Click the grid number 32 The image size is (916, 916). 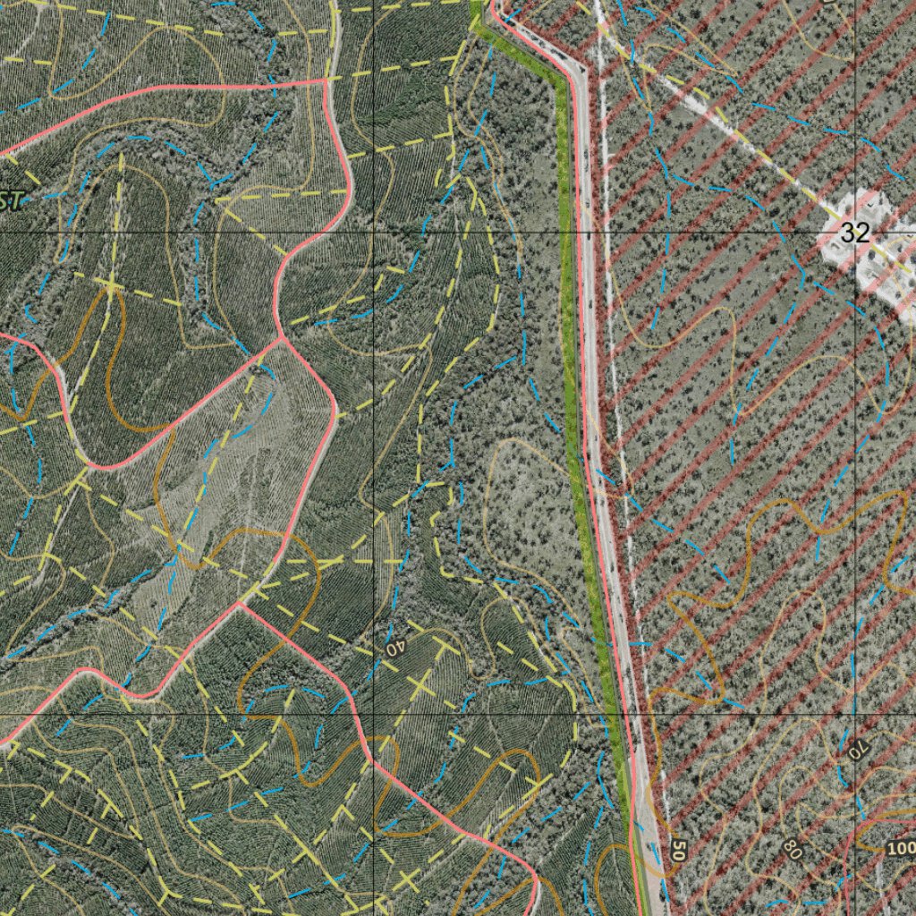855,233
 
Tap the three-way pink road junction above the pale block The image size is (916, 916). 281,338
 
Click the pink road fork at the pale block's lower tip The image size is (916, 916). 239,602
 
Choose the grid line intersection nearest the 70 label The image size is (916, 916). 855,716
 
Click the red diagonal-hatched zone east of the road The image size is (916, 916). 760,403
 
